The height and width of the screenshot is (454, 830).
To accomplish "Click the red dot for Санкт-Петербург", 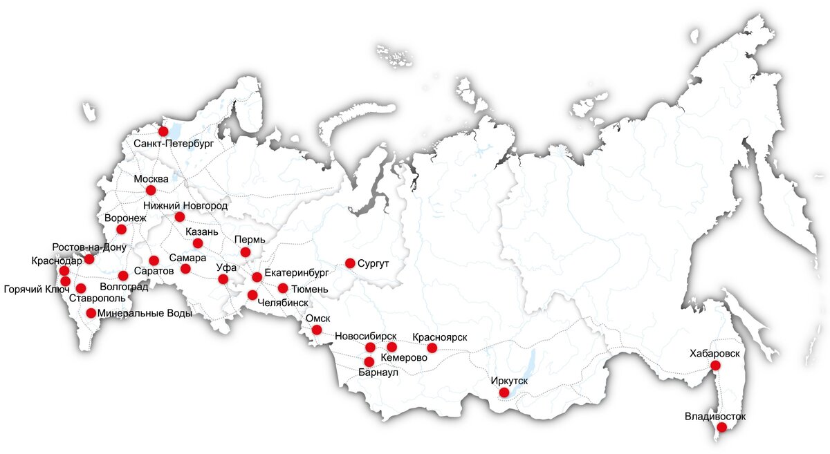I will click(163, 131).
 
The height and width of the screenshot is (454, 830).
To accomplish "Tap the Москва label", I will click(151, 179).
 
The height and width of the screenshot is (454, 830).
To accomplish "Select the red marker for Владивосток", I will click(721, 428).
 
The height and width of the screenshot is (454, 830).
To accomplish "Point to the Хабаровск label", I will click(714, 353).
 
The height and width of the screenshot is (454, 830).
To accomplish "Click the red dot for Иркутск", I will click(504, 392).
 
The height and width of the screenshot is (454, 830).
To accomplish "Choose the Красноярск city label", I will click(439, 337).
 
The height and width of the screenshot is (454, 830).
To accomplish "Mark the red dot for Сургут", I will click(350, 263).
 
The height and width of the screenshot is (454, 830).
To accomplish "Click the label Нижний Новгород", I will click(185, 205).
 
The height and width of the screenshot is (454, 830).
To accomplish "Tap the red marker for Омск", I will click(317, 330).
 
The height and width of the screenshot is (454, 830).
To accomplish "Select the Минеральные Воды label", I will click(145, 313).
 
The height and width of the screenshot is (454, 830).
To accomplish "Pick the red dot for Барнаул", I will click(369, 361).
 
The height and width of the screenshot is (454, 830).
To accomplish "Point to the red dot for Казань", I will click(198, 243).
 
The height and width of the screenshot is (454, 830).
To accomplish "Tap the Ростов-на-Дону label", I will click(89, 247).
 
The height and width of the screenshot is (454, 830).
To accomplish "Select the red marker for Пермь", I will click(246, 252).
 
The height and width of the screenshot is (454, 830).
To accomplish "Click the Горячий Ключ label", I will click(37, 289).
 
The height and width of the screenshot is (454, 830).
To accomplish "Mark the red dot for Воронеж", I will click(122, 229).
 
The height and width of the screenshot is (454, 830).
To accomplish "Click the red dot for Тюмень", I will click(283, 288).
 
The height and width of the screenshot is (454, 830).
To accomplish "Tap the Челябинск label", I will click(282, 303).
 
